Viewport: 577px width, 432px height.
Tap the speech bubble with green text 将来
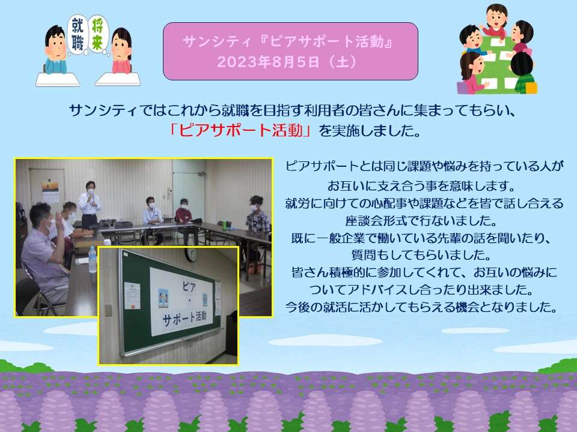click(x=98, y=35)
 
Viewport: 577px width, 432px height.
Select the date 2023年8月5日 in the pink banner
click(x=267, y=62)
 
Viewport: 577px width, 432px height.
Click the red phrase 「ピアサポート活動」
click(x=240, y=130)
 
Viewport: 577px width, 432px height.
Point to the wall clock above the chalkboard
click(x=191, y=254)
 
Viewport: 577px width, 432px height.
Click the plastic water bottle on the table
click(x=93, y=259)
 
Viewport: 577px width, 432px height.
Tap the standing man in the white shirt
click(x=89, y=204)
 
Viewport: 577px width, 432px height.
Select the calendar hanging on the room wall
click(x=50, y=191)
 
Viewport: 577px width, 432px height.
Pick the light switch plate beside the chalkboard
click(x=109, y=310)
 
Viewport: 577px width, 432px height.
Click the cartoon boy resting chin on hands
click(x=56, y=50)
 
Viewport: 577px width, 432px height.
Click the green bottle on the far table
click(x=224, y=224)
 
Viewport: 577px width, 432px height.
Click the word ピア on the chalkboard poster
click(x=189, y=287)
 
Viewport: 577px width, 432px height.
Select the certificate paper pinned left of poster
click(x=132, y=296)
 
